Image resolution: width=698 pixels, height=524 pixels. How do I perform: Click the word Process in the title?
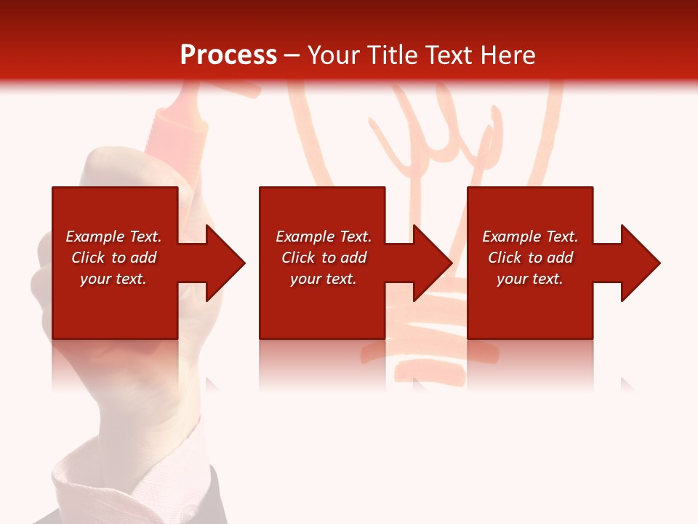[228, 55]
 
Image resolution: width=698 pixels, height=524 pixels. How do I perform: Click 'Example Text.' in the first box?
[113, 237]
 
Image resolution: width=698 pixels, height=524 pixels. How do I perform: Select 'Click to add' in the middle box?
[324, 258]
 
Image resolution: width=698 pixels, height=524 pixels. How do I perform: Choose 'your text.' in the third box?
[529, 279]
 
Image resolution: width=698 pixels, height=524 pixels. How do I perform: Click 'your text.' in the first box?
[113, 279]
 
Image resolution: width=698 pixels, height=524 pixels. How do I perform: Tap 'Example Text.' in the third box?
[529, 237]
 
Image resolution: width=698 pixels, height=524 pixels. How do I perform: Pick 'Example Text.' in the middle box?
[324, 237]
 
